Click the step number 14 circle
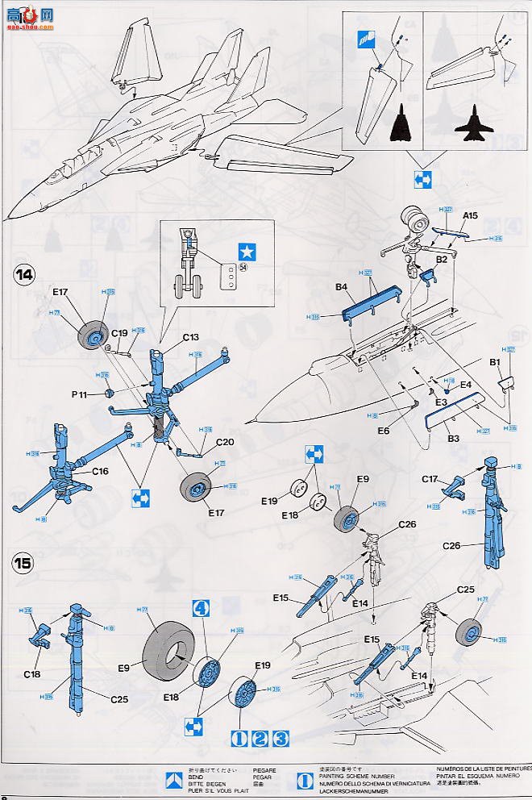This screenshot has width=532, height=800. click(x=24, y=274)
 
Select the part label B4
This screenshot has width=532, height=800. click(x=341, y=286)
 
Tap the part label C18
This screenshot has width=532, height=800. click(x=33, y=673)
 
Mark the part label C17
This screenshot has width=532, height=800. click(x=431, y=477)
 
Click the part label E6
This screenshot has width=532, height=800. click(x=383, y=431)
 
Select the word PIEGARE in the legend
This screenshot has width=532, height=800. click(x=264, y=771)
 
